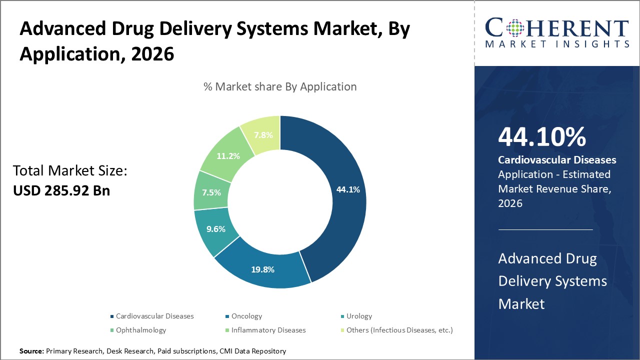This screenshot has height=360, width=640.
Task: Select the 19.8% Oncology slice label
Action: [x=262, y=269]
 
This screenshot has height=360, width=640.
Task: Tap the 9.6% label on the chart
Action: [x=216, y=229]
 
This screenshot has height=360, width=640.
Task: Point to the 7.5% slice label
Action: [x=211, y=192]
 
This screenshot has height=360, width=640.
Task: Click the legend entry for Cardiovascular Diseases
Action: [x=154, y=316]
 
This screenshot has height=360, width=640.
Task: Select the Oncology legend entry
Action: [x=246, y=316]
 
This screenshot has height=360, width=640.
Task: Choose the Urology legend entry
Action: [x=359, y=316]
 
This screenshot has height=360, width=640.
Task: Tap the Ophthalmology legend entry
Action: [x=141, y=330]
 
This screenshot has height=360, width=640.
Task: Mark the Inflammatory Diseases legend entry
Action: [x=268, y=330]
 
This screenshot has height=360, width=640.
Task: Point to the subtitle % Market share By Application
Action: [x=280, y=86]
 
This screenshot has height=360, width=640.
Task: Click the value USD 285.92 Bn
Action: [x=61, y=190]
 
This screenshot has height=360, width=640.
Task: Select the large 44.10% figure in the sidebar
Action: [x=542, y=137]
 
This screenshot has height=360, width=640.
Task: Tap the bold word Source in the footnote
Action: [x=31, y=351]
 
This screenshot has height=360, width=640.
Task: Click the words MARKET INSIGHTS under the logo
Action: [x=557, y=44]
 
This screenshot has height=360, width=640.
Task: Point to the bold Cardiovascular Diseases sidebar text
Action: [x=557, y=160]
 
